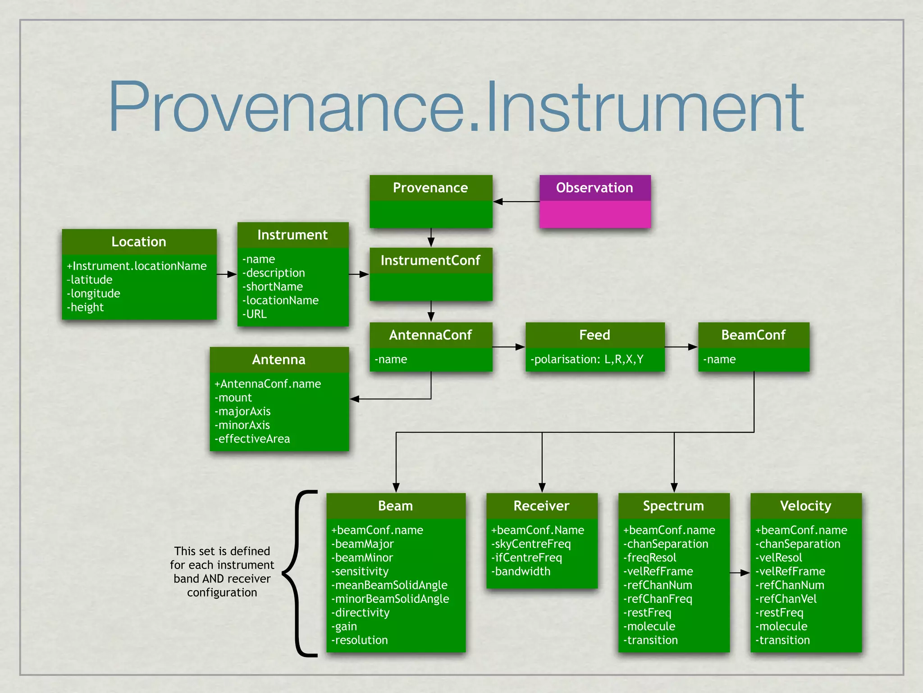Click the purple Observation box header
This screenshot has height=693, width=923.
pos(594,188)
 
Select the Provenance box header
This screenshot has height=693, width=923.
pos(430,188)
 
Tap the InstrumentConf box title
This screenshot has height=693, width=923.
pos(430,260)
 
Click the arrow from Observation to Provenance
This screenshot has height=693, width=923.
pos(516,202)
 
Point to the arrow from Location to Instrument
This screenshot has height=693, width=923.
pos(227,274)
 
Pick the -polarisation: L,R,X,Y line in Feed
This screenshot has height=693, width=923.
pos(587,359)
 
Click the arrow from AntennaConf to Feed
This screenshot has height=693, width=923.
pos(509,347)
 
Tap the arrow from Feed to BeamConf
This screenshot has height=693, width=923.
pos(681,347)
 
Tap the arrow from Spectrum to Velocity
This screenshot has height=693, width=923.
pos(740,573)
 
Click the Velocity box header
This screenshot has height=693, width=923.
pos(806,506)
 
